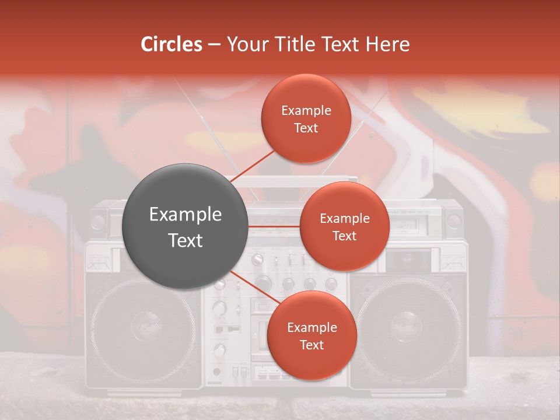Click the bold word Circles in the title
[x=171, y=44]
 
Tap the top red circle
[x=306, y=118]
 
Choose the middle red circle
[x=344, y=226]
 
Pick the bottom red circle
[x=311, y=335]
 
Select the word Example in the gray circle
[x=185, y=215]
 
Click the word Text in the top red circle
[x=306, y=128]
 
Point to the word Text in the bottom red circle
[x=311, y=345]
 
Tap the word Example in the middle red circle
[x=344, y=218]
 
